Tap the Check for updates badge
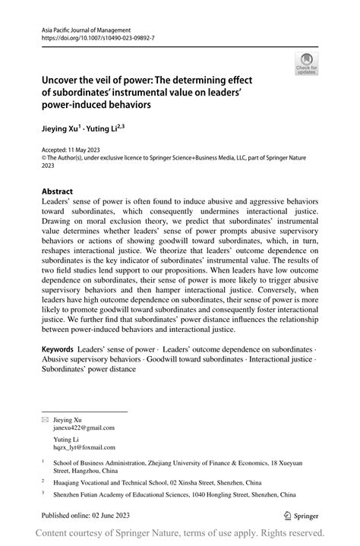[307, 65]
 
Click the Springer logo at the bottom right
[299, 516]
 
